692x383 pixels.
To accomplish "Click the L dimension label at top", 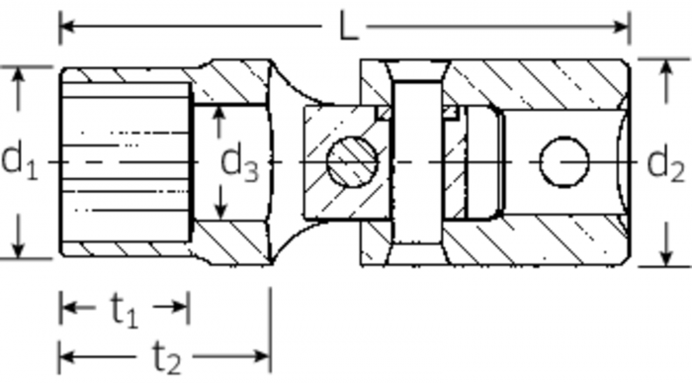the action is click(x=349, y=27).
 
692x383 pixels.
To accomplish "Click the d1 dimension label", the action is click(x=19, y=160).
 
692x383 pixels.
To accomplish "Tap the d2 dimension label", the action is click(x=665, y=163).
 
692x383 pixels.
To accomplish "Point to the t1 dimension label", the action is click(x=125, y=310).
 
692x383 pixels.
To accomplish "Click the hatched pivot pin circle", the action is click(x=352, y=161).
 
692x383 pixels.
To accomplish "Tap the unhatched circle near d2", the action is click(x=564, y=161).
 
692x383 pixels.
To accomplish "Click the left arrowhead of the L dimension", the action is click(x=67, y=27).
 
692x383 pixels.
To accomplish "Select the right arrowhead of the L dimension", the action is click(x=622, y=27).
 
